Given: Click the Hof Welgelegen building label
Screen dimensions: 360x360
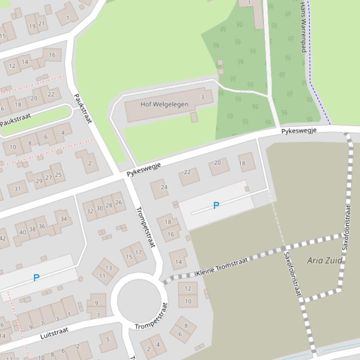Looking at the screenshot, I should pos(165,104).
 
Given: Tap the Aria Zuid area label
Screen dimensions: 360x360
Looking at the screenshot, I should pos(325,260).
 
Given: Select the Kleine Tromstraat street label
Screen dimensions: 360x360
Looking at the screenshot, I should pos(222,267).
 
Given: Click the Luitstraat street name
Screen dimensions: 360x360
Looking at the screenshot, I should pos(54,333).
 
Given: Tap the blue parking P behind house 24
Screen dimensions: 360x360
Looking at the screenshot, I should pos(216,205).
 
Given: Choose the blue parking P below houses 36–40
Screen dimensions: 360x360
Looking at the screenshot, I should pos(36,278).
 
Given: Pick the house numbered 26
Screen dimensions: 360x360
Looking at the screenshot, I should pos(119,202).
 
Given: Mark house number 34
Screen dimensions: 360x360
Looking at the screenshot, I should pos(64,219).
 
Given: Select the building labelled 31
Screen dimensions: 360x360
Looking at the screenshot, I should pos(17,189).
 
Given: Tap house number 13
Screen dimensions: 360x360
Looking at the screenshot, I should pos(108,268).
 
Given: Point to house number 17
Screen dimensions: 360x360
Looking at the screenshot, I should pos(138,252).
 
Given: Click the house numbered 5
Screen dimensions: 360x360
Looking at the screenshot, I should pos(108,340).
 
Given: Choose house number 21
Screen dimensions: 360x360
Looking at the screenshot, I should pos(42,23).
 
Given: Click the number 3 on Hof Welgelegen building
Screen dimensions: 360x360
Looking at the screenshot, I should pos(202,97).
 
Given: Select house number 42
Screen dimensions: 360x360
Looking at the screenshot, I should pos(3,238).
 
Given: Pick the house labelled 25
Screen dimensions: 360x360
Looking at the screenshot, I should pos(58,175).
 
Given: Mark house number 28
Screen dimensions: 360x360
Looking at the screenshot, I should pos(109,205).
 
